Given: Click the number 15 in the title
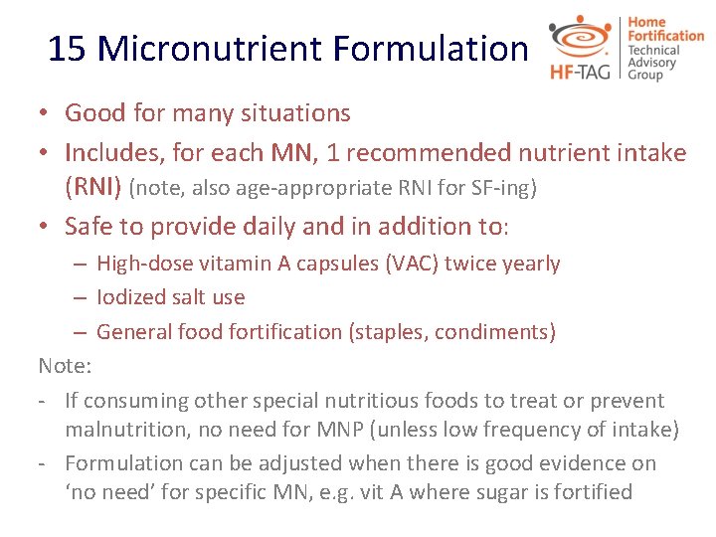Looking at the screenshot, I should pyautogui.click(x=68, y=48).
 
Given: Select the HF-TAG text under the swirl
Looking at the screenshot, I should pyautogui.click(x=581, y=71).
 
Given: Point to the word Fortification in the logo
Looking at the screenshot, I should pyautogui.click(x=666, y=36).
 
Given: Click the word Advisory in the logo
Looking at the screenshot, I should pyautogui.click(x=651, y=63).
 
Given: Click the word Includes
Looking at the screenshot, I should pyautogui.click(x=110, y=153).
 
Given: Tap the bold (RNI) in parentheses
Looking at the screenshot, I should pyautogui.click(x=92, y=186).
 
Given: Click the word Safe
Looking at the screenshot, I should pyautogui.click(x=89, y=227).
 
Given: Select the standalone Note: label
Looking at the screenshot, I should pyautogui.click(x=65, y=366).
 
